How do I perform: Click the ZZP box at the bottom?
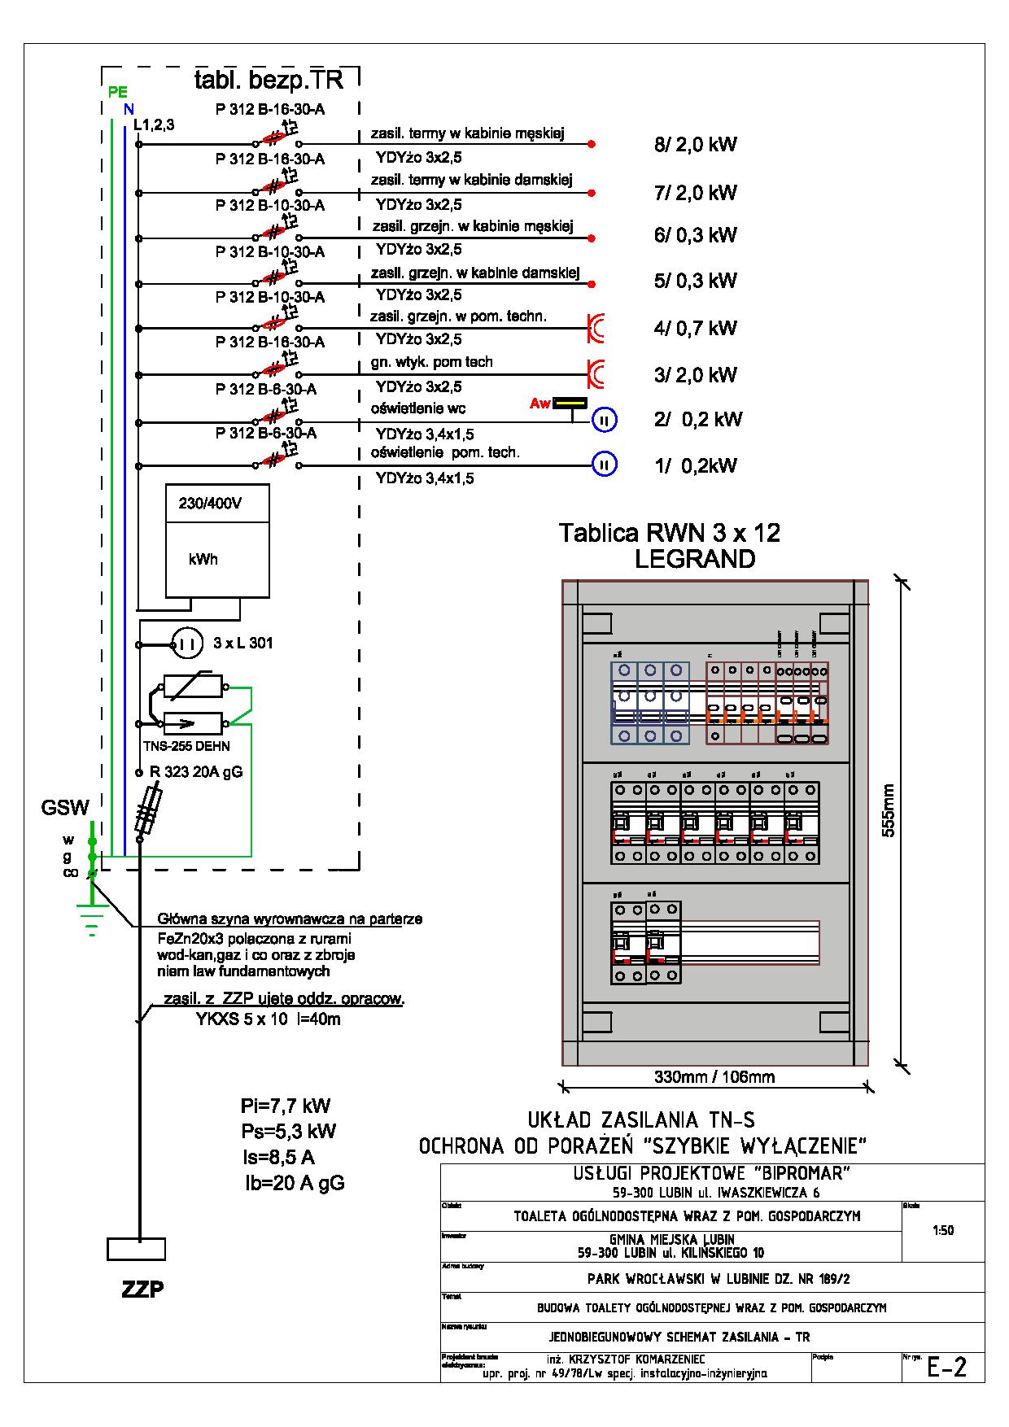point(136,1249)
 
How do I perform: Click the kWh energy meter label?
point(203,560)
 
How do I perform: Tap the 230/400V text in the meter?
point(210,504)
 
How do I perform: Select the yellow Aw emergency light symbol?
point(570,403)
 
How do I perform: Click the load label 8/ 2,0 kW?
point(696,145)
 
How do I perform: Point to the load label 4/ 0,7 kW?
point(696,328)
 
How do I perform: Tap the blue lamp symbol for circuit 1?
point(605,465)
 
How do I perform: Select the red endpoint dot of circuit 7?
point(592,194)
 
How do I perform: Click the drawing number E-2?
point(947,1368)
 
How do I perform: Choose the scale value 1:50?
point(943,1230)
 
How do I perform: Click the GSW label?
point(65,808)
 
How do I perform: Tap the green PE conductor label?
point(117,91)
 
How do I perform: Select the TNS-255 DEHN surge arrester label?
point(186,746)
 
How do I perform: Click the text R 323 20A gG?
point(195,772)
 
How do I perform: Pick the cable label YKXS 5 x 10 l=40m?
point(268,1019)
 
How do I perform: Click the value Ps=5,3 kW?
point(288,1131)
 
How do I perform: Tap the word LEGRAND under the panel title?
point(695,559)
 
